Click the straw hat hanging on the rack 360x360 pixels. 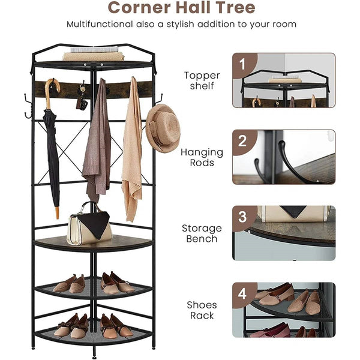[163, 128]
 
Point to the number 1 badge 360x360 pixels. [242, 64]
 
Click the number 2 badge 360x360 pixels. [242, 141]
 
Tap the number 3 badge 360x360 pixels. [242, 217]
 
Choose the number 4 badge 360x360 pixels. [242, 293]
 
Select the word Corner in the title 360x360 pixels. [139, 7]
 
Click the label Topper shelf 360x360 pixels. [202, 80]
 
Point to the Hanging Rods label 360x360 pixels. [202, 157]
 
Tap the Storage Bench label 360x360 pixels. [202, 233]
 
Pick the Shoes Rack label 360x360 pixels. [202, 310]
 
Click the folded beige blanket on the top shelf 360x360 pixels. [94, 56]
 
